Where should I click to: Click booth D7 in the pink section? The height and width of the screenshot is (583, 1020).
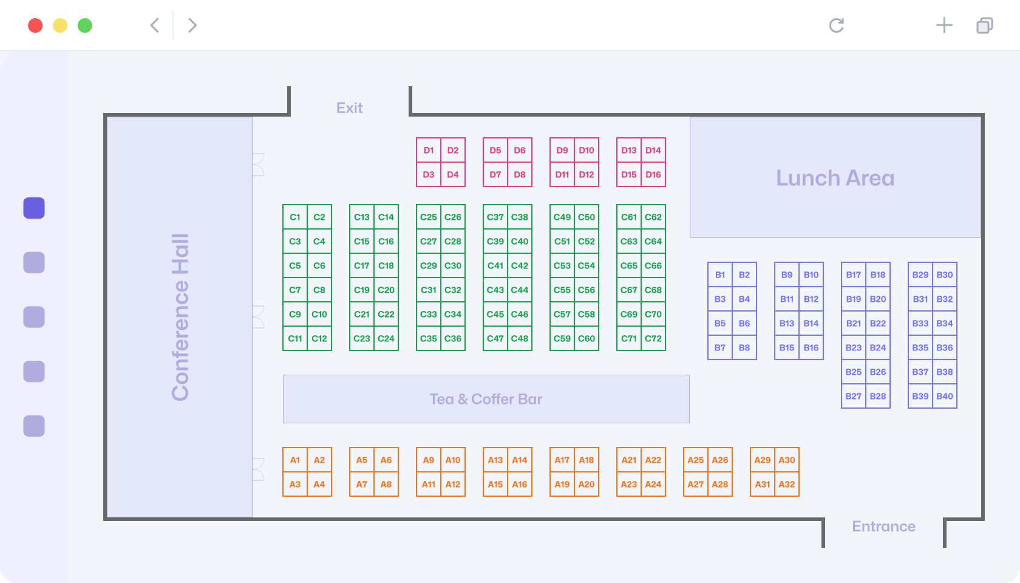(x=495, y=174)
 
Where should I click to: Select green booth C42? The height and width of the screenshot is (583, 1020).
(x=520, y=265)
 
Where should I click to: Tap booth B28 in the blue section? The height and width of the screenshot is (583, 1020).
(x=878, y=396)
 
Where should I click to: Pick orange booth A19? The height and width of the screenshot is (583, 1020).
(x=562, y=484)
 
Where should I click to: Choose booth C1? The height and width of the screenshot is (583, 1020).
(x=295, y=217)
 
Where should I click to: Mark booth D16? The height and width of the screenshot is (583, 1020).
(x=653, y=174)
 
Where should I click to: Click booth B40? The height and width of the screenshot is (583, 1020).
(x=945, y=396)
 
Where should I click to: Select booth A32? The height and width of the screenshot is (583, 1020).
(x=787, y=484)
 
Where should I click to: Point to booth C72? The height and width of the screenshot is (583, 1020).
(x=653, y=338)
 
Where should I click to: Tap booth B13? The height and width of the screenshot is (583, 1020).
(x=787, y=323)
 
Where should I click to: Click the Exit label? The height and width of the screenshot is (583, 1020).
(x=349, y=108)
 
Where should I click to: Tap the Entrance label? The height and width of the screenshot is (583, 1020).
(x=883, y=527)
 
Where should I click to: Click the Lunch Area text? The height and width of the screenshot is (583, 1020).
(x=835, y=177)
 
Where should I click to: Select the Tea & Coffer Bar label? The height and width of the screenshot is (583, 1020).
(x=486, y=399)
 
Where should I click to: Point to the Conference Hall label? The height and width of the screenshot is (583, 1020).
(x=180, y=318)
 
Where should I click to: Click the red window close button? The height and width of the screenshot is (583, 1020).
(x=35, y=26)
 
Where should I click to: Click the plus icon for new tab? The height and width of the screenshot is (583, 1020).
(x=944, y=26)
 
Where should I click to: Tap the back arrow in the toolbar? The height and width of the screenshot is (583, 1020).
(x=155, y=26)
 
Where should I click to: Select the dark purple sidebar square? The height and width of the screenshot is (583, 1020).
(x=34, y=208)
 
